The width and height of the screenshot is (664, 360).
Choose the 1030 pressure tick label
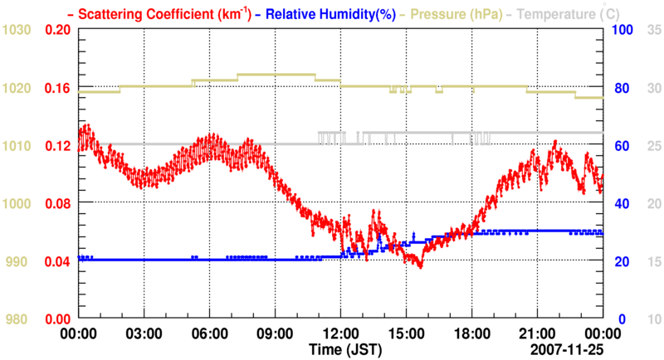[x=17, y=30]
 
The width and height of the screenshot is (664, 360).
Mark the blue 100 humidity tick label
[x=622, y=30]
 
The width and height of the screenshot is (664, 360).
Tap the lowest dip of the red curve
[x=420, y=267]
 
